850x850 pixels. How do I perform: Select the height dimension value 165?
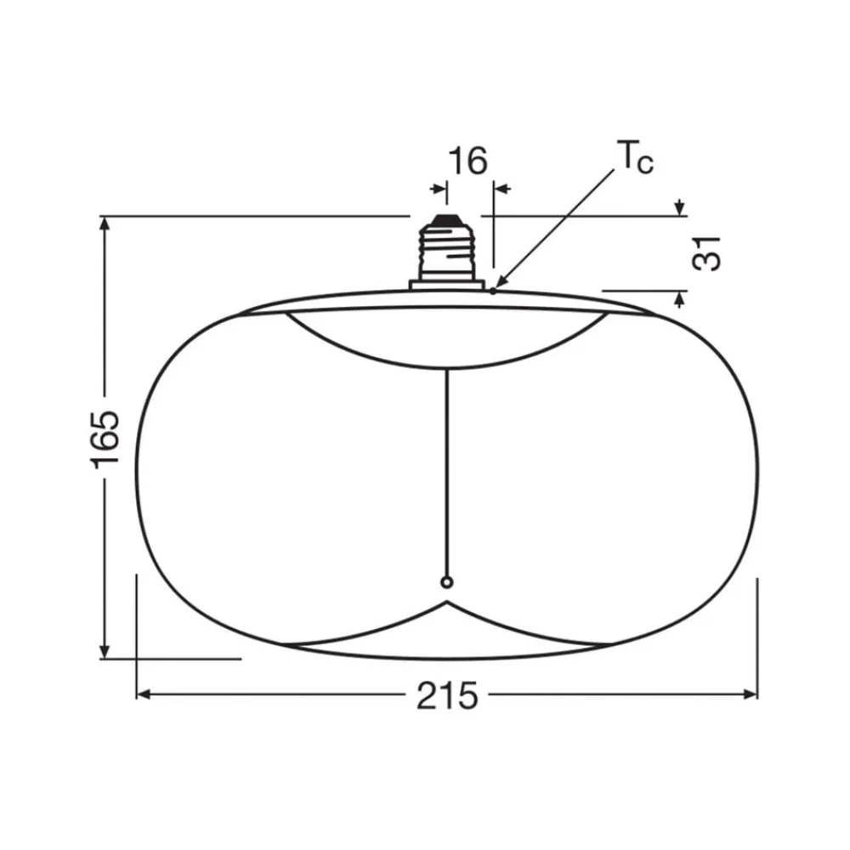[x=106, y=438]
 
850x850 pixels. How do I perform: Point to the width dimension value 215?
[x=447, y=696]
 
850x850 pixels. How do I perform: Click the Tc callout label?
[x=634, y=159]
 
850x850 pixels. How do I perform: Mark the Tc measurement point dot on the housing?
[x=493, y=291]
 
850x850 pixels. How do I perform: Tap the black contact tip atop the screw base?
[x=445, y=221]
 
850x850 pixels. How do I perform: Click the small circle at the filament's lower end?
[x=447, y=582]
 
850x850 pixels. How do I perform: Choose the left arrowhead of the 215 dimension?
[x=143, y=694]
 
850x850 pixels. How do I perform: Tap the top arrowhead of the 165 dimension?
[x=105, y=223]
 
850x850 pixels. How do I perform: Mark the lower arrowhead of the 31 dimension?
[x=679, y=297]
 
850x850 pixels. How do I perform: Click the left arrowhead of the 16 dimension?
[x=439, y=189]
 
